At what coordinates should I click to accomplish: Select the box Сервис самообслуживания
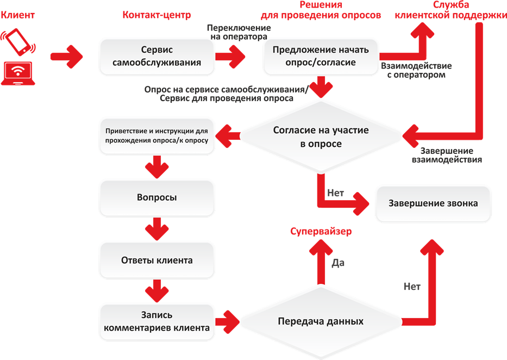157,55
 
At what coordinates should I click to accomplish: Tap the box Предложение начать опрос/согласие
321,56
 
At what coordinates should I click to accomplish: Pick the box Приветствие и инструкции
157,136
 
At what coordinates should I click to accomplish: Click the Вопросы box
157,197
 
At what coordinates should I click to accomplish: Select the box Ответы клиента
157,260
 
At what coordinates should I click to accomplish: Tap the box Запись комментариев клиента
157,321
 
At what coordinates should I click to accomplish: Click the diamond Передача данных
321,321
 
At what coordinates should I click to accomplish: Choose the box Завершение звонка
433,203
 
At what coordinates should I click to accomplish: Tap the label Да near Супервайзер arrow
337,263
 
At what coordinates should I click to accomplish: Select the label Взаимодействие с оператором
416,70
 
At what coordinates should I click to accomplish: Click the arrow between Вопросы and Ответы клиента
157,229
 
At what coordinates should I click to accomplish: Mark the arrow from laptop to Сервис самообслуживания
67,55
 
